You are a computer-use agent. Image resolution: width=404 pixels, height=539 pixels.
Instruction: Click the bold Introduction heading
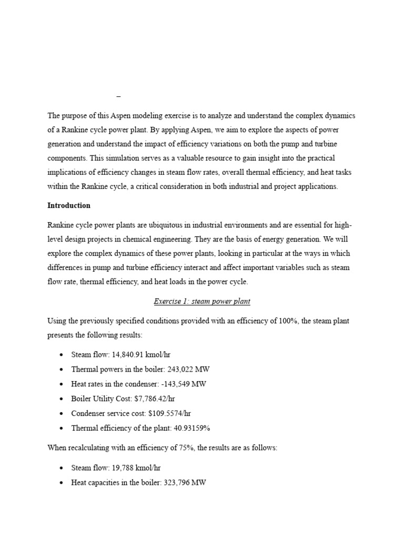pyautogui.click(x=69, y=205)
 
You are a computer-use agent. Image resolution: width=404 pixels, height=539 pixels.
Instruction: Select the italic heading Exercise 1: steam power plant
pyautogui.click(x=202, y=301)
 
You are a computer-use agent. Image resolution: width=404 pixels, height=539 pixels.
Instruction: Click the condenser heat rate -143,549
pyautogui.click(x=173, y=384)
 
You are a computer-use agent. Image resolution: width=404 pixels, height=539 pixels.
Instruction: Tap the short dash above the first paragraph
pyautogui.click(x=118, y=96)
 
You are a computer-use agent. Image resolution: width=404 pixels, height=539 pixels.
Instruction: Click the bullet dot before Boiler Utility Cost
pyautogui.click(x=62, y=399)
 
